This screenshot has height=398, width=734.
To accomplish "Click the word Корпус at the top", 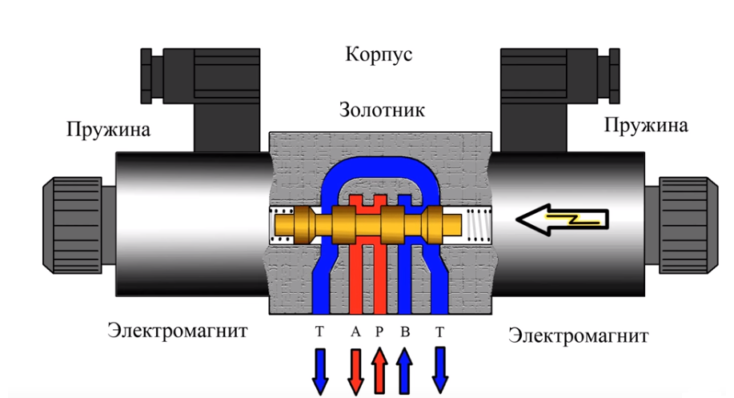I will point(379,55).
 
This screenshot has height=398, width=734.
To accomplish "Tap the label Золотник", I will point(382,109).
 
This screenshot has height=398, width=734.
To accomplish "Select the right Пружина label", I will point(646,126).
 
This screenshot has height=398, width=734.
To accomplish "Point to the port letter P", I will point(380,331).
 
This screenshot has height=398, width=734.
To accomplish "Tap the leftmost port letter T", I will point(319,331).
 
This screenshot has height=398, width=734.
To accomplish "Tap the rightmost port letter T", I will point(439,331).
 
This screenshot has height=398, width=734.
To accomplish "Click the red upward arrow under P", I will point(380,369).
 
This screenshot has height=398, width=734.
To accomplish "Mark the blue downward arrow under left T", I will point(319,369).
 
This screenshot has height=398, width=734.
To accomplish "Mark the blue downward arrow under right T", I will point(439,369).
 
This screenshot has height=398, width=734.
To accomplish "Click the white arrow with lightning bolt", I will point(560,217).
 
